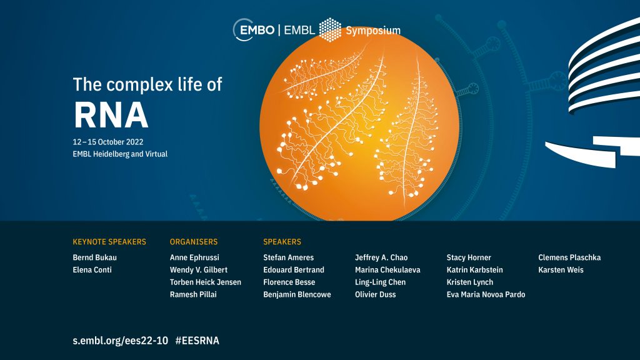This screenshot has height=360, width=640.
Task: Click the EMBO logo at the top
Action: [x=254, y=30]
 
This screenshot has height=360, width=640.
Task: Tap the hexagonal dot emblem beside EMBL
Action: [x=330, y=30]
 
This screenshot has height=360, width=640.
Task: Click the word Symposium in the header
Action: [x=373, y=31]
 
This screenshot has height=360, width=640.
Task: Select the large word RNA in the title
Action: [x=111, y=115]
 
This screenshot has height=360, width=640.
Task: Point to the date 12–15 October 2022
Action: [x=108, y=142]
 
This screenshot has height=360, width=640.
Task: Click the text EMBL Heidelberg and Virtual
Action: [x=120, y=154]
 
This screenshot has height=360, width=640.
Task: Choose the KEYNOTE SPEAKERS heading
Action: [x=109, y=242]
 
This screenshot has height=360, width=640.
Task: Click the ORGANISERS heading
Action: [x=194, y=242]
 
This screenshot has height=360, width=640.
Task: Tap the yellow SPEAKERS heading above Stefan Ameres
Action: [x=282, y=242]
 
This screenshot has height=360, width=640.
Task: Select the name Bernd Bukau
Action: [x=95, y=257]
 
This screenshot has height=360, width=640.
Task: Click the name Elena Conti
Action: [x=92, y=270]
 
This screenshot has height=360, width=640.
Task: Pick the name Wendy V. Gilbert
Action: [x=199, y=270]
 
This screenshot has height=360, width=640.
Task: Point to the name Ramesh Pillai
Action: [x=194, y=294]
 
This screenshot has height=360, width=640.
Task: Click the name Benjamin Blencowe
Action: [x=297, y=294]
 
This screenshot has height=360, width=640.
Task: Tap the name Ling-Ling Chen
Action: [x=381, y=282]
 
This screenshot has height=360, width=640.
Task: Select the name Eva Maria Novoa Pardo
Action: [x=486, y=294]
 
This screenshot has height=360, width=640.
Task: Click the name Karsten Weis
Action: [x=561, y=270]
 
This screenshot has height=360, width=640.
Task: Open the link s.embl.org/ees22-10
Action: [x=121, y=341]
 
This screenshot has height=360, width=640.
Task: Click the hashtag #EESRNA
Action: [x=197, y=341]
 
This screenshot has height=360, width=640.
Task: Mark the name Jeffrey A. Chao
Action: [x=381, y=257]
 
